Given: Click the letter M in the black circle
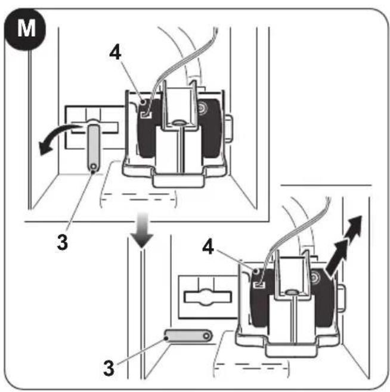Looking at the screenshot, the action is click(26, 28).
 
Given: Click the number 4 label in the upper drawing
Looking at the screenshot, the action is click(116, 53).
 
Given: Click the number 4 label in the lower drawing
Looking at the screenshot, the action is click(208, 247).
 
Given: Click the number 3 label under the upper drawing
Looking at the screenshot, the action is click(63, 242).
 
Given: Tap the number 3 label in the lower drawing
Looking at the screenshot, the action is click(109, 368).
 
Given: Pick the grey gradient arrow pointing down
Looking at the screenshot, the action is click(142, 230).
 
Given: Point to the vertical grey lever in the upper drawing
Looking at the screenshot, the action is click(94, 148).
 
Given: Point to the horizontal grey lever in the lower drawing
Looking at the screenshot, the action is click(188, 337).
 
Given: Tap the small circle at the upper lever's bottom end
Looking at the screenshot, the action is click(94, 166).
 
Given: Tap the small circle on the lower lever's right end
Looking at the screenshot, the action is click(206, 337).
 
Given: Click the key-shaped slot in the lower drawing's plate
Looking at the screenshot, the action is click(208, 297).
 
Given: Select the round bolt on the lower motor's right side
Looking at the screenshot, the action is click(314, 277).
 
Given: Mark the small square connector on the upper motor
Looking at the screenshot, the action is click(147, 115).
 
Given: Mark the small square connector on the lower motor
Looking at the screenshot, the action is click(259, 284).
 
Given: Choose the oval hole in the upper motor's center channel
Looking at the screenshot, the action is click(178, 122).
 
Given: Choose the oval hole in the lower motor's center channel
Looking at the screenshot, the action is click(292, 292).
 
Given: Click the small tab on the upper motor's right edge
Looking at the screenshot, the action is click(229, 129).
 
